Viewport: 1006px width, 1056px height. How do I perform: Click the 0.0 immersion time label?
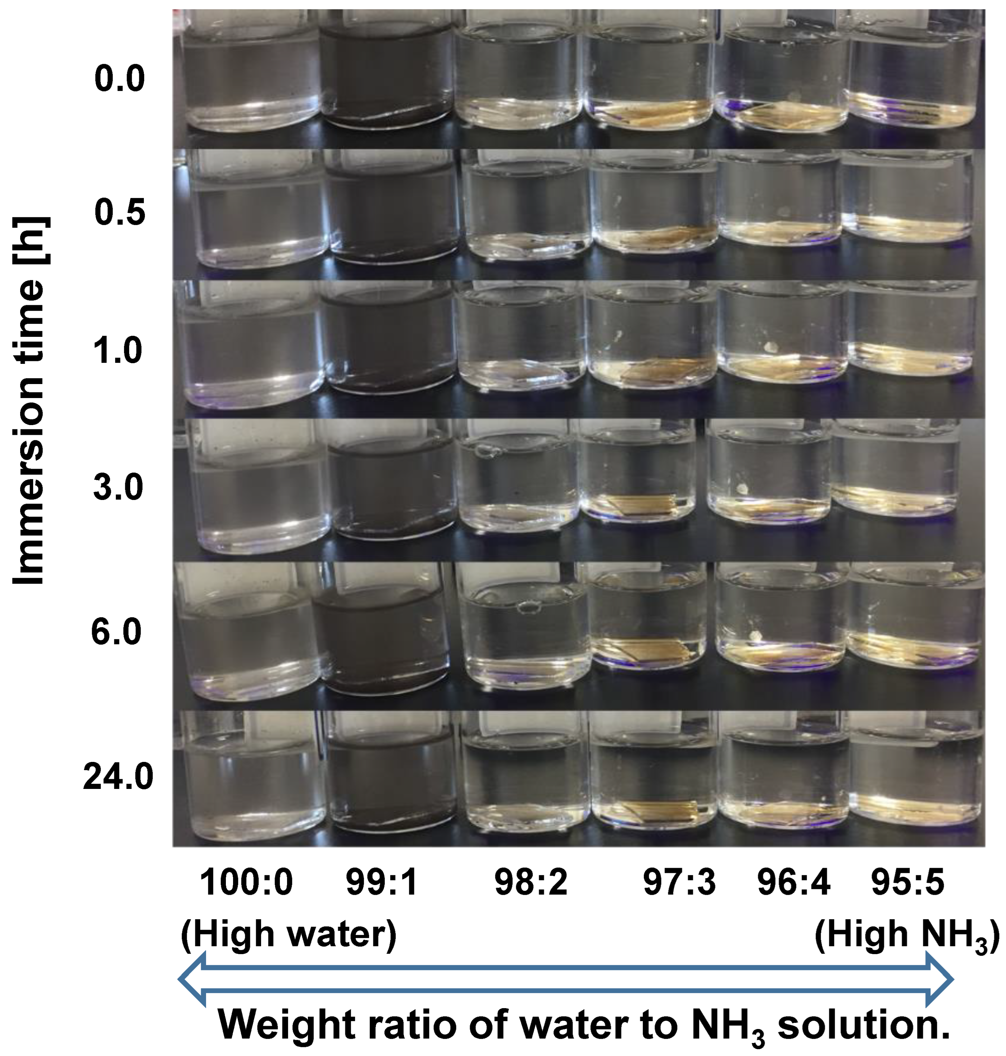pyautogui.click(x=119, y=78)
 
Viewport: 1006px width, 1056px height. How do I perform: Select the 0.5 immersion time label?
pyautogui.click(x=119, y=211)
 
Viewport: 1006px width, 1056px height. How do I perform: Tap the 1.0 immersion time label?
pyautogui.click(x=118, y=351)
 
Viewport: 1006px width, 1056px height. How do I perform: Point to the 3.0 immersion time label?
pyautogui.click(x=118, y=487)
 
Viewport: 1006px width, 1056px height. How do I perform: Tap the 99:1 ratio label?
pyautogui.click(x=382, y=883)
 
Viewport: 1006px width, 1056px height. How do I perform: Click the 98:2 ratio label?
pyautogui.click(x=531, y=883)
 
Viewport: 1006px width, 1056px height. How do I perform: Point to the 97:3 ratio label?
pyautogui.click(x=679, y=883)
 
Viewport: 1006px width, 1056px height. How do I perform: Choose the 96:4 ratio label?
pyautogui.click(x=794, y=883)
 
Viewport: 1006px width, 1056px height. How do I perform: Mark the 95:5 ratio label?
pyautogui.click(x=907, y=883)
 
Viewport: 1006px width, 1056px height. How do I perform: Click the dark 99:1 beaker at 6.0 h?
pyautogui.click(x=381, y=636)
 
